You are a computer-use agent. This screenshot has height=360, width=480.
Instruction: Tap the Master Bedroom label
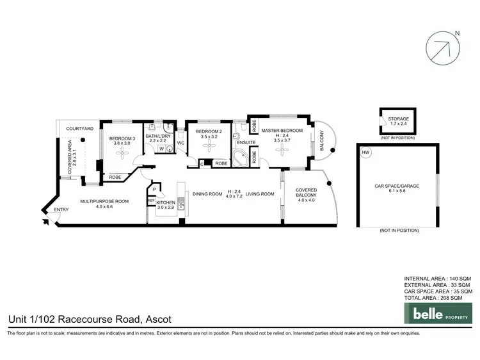pos(282,130)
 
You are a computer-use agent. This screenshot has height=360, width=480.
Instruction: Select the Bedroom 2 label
pos(208,131)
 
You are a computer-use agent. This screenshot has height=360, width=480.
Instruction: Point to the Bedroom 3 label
pos(122,139)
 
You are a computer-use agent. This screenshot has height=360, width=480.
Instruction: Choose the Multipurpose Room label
pos(104,201)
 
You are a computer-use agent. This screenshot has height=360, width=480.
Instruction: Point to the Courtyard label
pos(81,129)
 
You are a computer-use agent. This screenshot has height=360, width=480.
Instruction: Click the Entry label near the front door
pos(61,210)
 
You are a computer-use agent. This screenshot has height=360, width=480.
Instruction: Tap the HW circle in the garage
pos(365,152)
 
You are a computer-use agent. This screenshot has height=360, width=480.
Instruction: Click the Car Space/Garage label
pos(397,186)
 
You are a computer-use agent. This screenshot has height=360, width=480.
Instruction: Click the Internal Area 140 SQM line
pos(438,279)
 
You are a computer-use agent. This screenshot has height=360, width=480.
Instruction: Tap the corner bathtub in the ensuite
pos(241,159)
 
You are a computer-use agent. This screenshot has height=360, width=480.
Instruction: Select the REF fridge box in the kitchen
pos(151,201)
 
